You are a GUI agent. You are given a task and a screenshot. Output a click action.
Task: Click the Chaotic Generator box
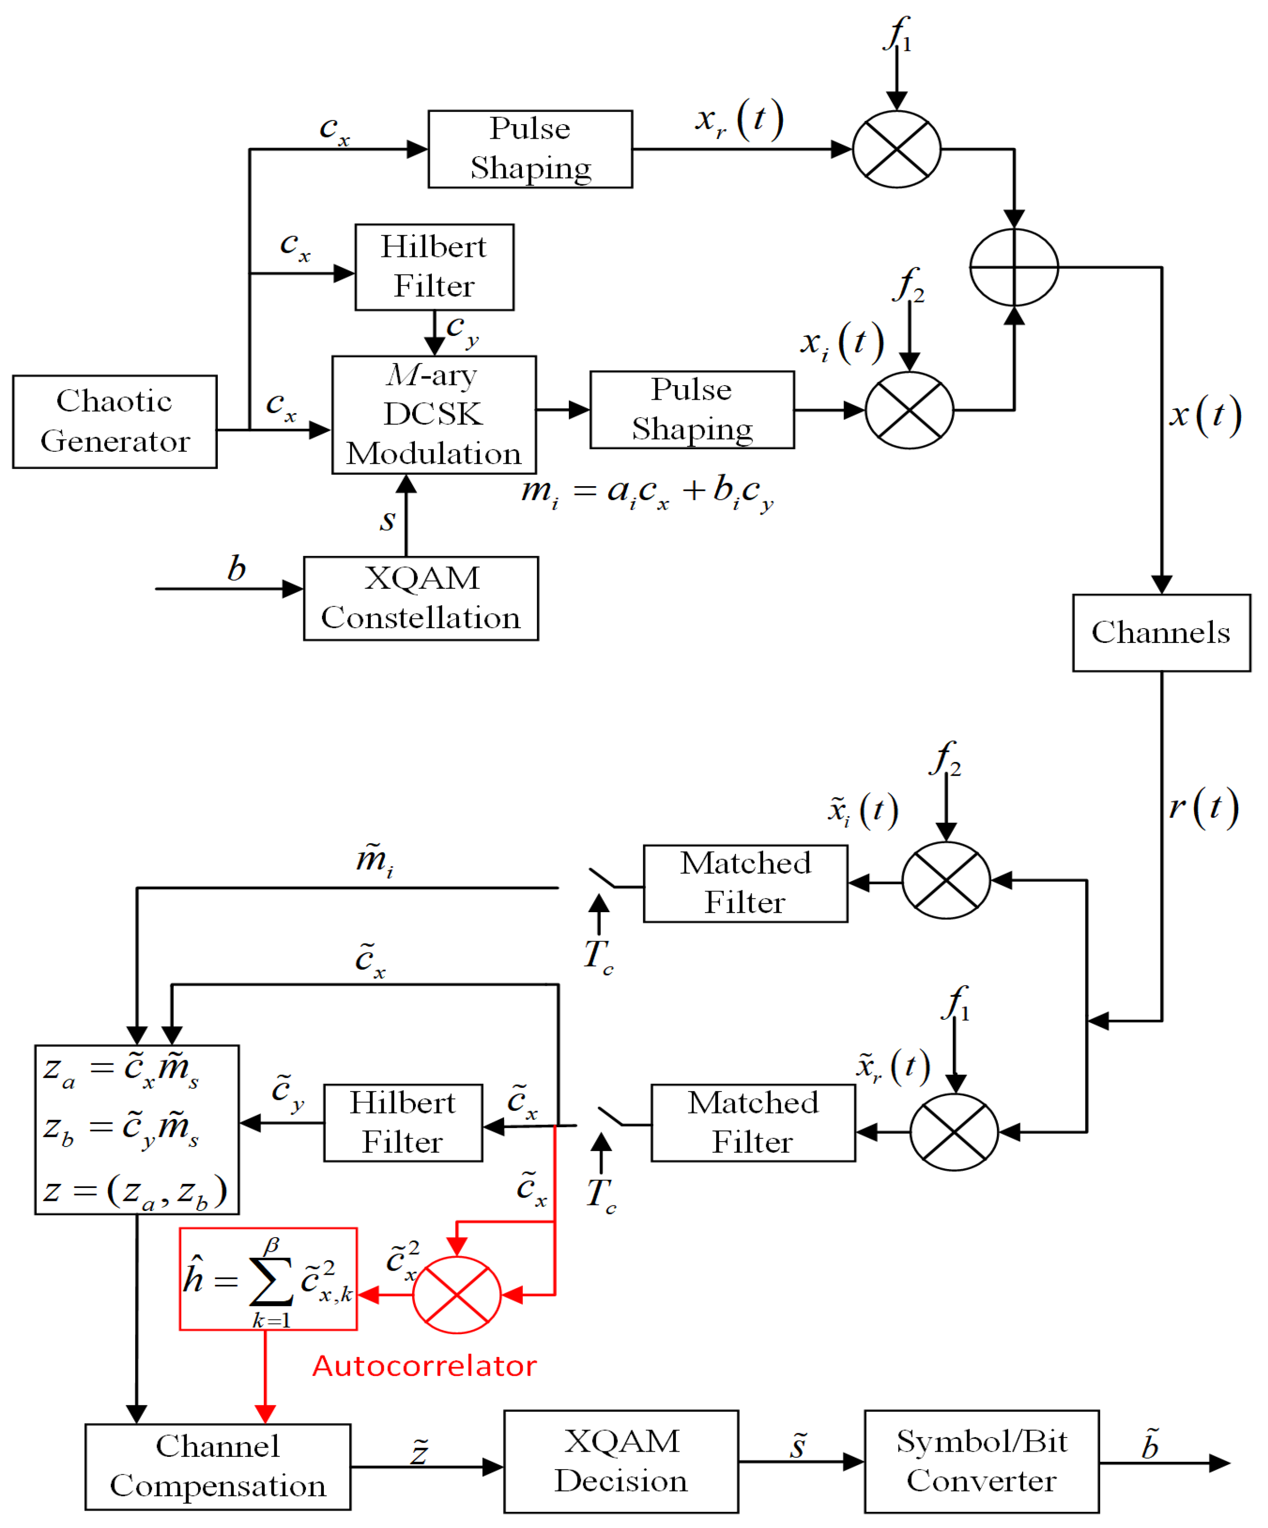114,421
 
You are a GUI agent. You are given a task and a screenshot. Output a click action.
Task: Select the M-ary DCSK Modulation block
434,415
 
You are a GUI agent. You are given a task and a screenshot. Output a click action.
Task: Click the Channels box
1160,632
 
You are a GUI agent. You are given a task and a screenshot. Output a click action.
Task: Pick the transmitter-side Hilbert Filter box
434,267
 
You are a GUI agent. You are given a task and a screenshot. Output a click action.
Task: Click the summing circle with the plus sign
1013,267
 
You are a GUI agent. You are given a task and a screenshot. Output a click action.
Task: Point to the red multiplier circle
456,1295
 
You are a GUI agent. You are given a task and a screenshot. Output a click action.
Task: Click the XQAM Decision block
621,1461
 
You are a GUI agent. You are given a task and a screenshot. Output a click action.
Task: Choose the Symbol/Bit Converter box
981,1461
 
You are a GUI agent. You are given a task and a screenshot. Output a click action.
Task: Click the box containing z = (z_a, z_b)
137,1129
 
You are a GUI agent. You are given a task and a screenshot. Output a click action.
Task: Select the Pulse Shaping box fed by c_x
530,149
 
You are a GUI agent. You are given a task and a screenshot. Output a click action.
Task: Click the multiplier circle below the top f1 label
896,149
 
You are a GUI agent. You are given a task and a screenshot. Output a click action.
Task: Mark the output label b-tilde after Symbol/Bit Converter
1149,1444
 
